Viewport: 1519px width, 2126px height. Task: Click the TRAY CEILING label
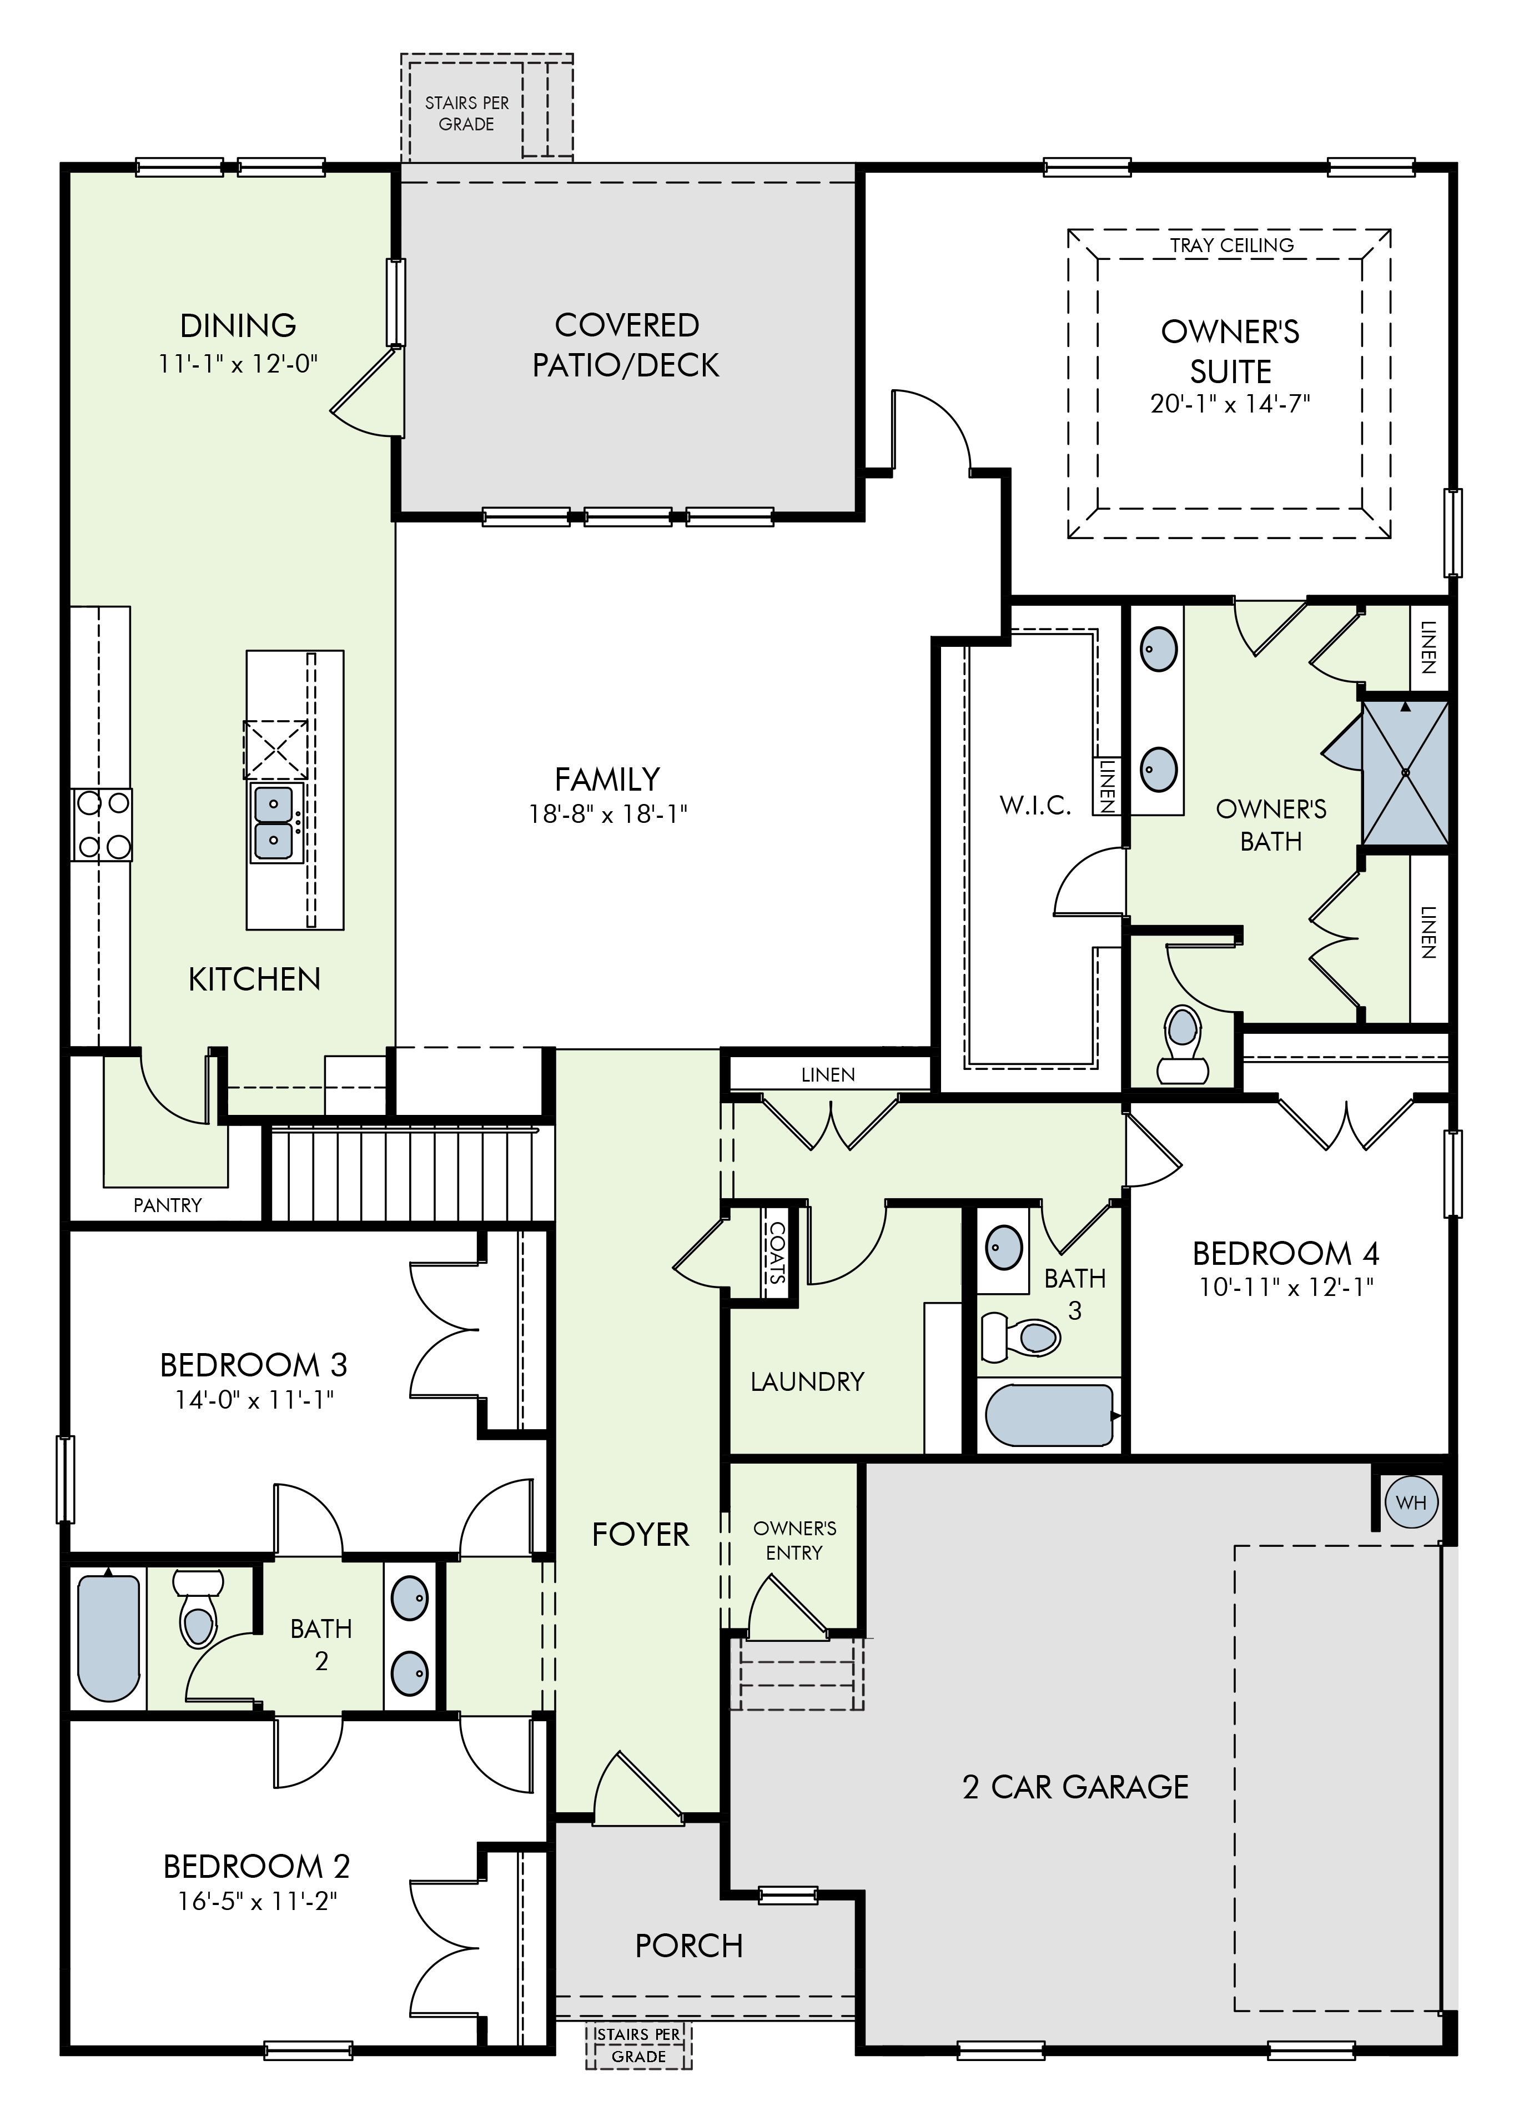coord(1231,245)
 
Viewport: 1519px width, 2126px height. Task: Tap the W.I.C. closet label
coord(1035,805)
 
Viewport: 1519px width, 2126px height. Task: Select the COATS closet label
coord(776,1253)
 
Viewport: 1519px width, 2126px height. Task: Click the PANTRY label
coord(168,1205)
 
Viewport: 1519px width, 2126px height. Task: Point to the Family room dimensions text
coord(608,815)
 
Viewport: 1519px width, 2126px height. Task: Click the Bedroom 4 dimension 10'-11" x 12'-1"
coord(1286,1287)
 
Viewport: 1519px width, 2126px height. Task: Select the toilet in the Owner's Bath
coord(1181,1045)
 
